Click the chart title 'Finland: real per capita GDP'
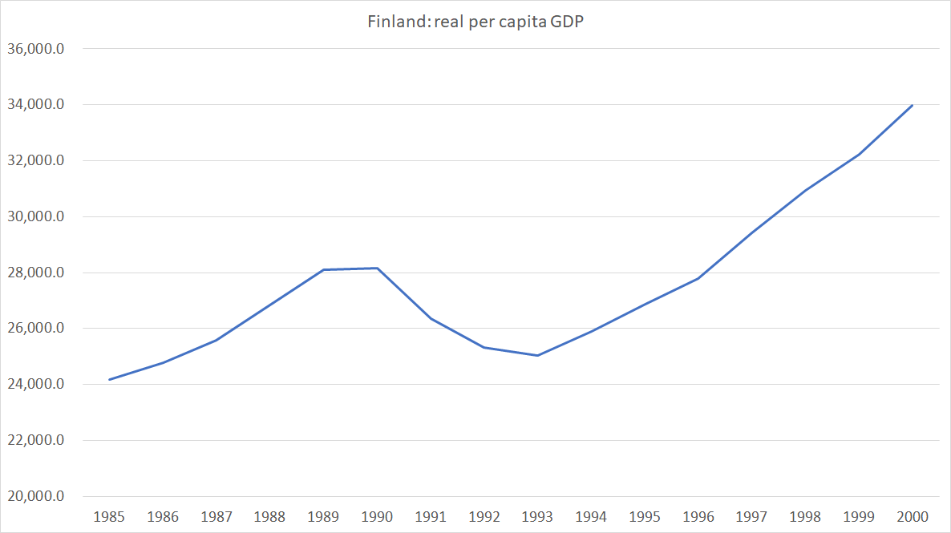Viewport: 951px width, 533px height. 475,22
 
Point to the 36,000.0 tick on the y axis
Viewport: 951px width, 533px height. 34,49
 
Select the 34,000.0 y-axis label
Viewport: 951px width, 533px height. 34,105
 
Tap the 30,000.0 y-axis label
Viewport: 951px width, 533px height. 34,216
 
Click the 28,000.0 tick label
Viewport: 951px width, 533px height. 34,273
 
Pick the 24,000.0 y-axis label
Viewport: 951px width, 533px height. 34,385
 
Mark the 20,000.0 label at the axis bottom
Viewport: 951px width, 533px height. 34,496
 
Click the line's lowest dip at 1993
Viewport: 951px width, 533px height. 537,355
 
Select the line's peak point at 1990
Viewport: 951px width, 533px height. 377,268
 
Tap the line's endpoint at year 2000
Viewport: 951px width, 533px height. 912,105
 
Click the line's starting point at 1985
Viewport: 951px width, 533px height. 109,379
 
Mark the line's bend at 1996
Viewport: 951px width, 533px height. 698,278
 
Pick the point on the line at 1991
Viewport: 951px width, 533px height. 431,318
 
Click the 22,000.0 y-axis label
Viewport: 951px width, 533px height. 34,440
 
